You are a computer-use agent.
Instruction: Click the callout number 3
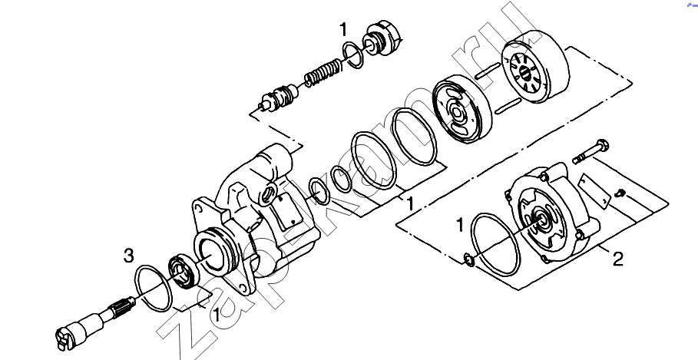point(128,256)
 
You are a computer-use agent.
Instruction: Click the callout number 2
point(618,259)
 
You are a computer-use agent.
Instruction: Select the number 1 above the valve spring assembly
point(342,30)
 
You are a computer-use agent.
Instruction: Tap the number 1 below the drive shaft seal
point(217,315)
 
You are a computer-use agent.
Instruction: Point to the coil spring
point(323,73)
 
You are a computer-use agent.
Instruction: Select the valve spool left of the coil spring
point(279,97)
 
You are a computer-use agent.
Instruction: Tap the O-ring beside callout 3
point(154,288)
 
